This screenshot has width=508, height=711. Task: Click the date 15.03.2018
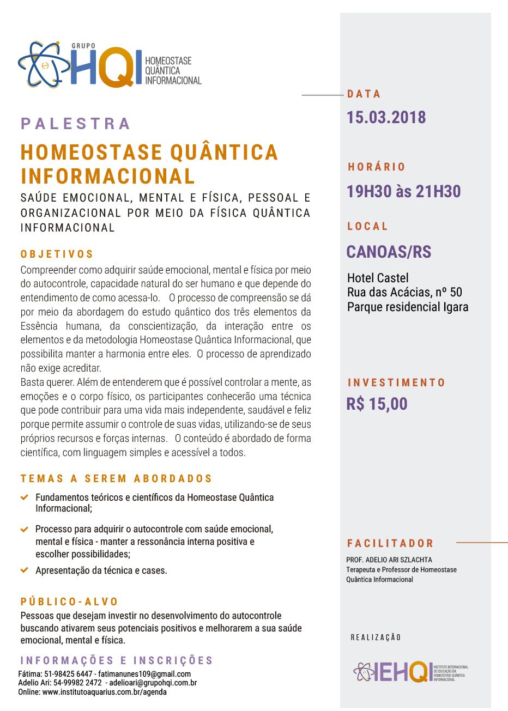pos(386,117)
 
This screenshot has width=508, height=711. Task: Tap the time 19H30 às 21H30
pos(404,191)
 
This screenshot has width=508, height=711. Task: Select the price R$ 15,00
pos(377,404)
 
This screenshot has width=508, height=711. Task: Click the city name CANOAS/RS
pos(389,252)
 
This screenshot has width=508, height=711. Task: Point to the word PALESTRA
pos(76,124)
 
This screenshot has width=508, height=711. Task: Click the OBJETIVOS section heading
pos(57,254)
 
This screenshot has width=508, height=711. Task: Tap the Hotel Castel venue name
pos(378,278)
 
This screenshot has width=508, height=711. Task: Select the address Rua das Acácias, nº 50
pos(404,292)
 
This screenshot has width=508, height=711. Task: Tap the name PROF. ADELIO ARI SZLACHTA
pos(389,560)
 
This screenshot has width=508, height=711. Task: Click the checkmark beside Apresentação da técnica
pos(25,570)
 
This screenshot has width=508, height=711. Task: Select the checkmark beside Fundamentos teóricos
pos(25,497)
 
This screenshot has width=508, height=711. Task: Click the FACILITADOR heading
pos(390,543)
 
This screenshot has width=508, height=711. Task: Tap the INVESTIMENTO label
pos(396,382)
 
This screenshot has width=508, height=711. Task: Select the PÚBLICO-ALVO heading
pos(69,601)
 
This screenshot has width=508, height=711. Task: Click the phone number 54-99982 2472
pos(77,683)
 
